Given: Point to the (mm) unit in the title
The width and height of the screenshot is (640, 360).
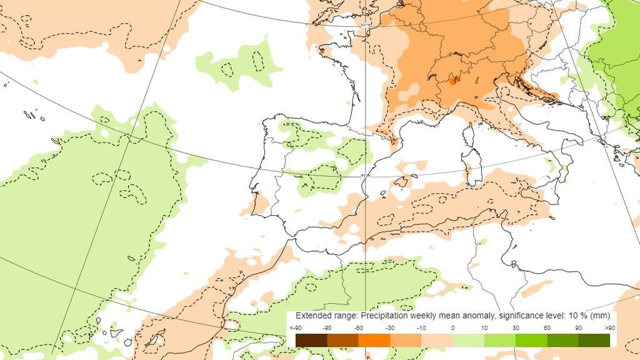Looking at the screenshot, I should [599, 316].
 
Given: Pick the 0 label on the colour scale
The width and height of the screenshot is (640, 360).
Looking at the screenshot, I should [452, 327].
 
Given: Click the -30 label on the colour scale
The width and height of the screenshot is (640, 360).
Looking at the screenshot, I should [389, 327].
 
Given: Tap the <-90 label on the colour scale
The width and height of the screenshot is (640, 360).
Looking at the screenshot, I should [296, 327].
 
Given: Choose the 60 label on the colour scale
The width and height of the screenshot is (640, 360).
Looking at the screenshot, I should [547, 327].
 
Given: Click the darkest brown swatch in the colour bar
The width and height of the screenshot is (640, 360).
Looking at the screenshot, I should [311, 340].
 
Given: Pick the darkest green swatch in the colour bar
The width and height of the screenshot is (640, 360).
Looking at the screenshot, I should [594, 340].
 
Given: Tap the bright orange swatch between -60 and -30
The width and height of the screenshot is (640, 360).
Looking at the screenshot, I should [374, 340].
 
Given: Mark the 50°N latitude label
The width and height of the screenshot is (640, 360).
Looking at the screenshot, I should [366, 25].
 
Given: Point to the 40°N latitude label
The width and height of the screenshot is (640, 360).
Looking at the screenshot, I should [366, 176].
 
